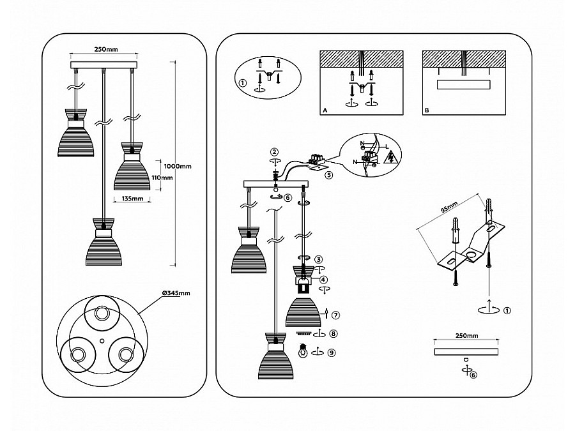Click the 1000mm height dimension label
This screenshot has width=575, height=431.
click(178, 166)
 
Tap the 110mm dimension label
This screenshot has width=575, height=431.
click(162, 178)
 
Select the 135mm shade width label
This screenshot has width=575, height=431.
click(132, 199)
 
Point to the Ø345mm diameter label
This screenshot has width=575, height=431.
click(176, 293)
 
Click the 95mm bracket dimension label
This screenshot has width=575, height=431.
click(449, 208)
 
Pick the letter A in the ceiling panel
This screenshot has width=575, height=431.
click(325, 110)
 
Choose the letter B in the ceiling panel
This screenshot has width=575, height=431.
click(427, 110)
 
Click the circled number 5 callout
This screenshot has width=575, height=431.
click(329, 175)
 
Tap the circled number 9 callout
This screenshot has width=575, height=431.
click(332, 352)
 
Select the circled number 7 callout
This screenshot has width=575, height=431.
click(335, 315)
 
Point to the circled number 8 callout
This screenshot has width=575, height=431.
click(333, 333)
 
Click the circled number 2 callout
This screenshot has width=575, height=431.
click(274, 152)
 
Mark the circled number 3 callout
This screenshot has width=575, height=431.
click(319, 259)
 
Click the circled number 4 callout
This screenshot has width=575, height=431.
click(323, 280)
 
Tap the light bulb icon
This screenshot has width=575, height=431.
click(303, 351)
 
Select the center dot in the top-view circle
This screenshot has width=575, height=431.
click(102, 340)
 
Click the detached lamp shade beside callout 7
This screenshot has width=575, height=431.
click(303, 312)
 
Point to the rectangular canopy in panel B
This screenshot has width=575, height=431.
click(464, 85)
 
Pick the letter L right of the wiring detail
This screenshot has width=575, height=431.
click(387, 147)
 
